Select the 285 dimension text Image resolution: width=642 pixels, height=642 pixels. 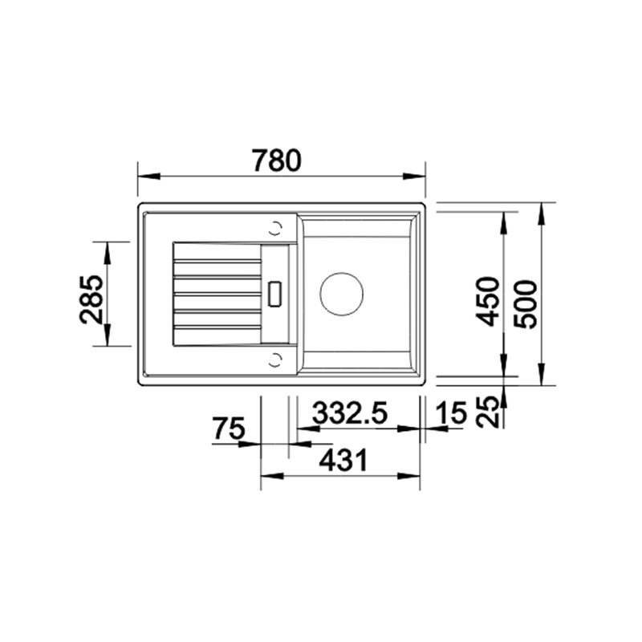[x=91, y=299]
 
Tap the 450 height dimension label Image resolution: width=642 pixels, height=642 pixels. [x=487, y=302]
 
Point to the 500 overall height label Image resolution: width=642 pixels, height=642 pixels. [x=525, y=304]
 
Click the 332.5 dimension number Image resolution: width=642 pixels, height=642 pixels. [x=350, y=412]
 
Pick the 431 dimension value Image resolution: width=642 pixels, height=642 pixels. [x=344, y=460]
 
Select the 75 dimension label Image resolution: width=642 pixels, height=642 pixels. [x=229, y=428]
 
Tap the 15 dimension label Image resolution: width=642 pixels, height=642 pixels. [x=451, y=412]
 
